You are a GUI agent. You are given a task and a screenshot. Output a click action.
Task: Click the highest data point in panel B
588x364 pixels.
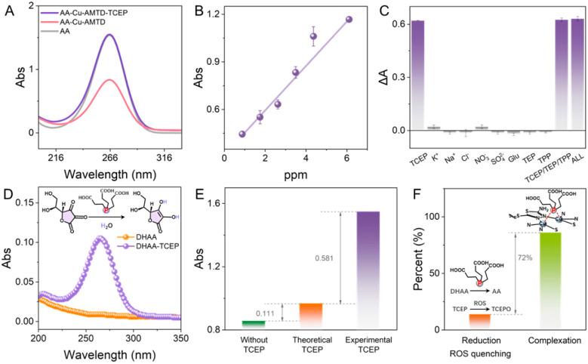349,20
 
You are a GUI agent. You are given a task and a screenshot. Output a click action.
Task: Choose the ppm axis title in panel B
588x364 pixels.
291,173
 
